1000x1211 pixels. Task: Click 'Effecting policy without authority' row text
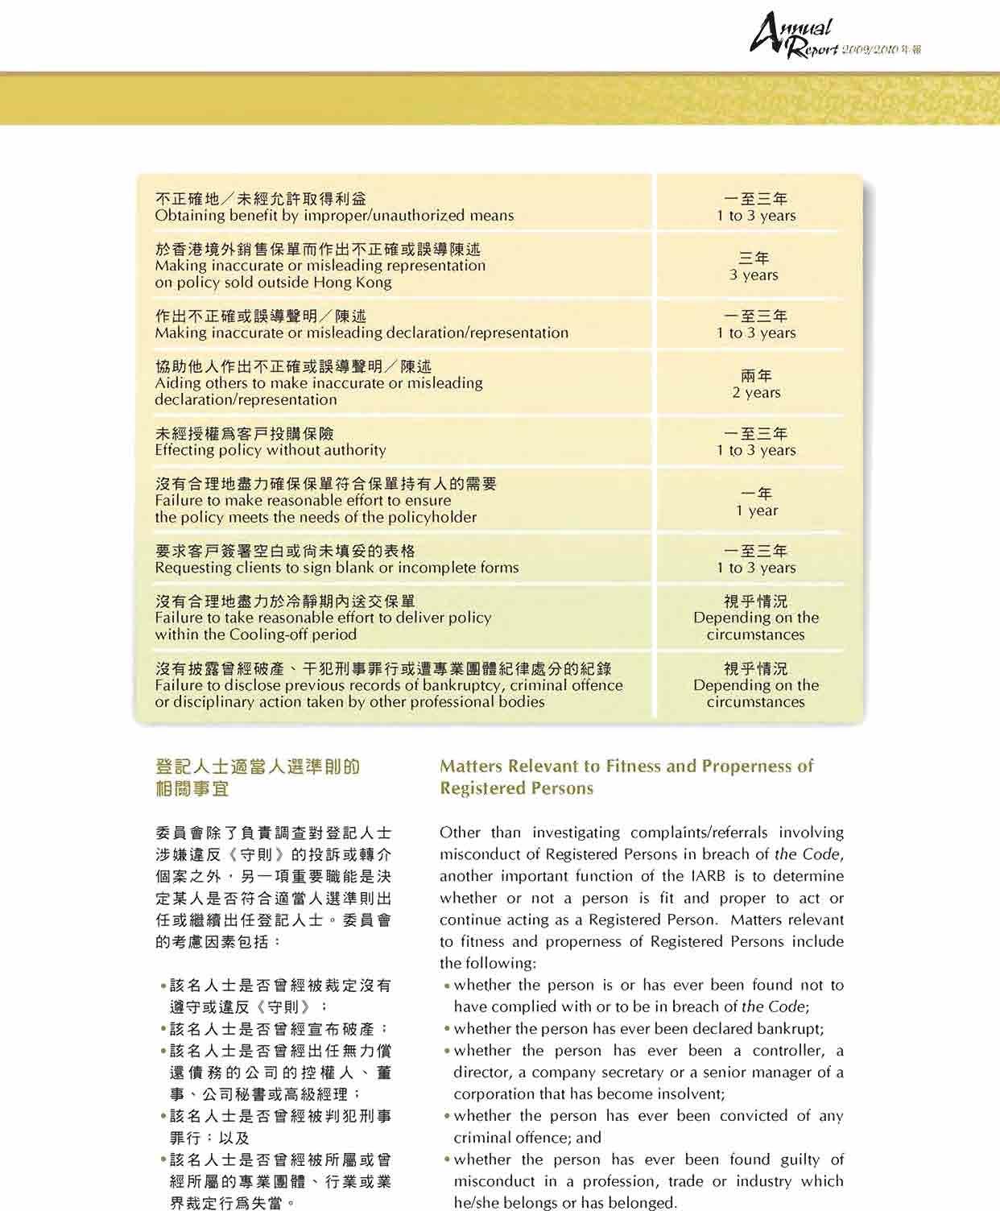[271, 450]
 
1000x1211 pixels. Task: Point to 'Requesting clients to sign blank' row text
[337, 568]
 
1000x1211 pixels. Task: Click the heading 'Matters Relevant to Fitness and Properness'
[626, 766]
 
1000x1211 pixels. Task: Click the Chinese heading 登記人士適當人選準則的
[258, 766]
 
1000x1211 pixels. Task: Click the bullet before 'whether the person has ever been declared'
[446, 1030]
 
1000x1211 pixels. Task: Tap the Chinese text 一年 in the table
[754, 494]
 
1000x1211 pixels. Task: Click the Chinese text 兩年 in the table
[756, 376]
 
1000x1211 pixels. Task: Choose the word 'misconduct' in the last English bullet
[491, 1181]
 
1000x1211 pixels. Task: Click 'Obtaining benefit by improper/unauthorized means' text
[334, 216]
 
